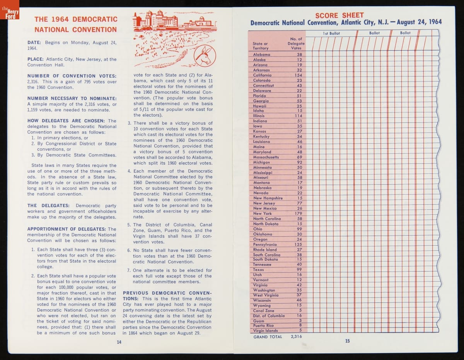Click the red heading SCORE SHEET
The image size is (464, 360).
point(339,15)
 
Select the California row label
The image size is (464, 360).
point(262,75)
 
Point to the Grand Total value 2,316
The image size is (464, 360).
point(296,337)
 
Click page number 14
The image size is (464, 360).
point(119,342)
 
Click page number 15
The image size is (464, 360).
point(347,341)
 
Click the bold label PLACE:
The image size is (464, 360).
point(36,59)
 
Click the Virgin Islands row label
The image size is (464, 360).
point(265,331)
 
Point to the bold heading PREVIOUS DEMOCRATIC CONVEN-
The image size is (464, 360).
point(167,293)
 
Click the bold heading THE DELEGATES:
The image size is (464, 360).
point(48,205)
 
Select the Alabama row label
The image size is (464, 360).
point(261,54)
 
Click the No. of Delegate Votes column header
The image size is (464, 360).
point(296,44)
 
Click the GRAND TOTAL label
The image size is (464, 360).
point(268,337)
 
